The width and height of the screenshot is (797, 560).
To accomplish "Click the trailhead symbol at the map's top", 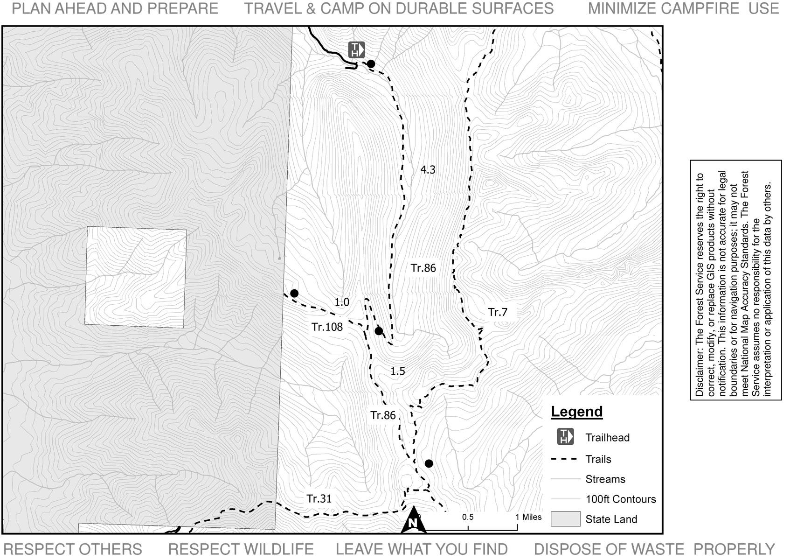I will (356, 49).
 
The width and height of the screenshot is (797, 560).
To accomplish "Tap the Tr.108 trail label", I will (327, 327).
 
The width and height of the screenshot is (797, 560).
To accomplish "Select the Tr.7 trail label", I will (498, 312).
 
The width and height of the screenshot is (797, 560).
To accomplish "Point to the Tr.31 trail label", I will (319, 499).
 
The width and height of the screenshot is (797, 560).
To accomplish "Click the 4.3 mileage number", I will (428, 170).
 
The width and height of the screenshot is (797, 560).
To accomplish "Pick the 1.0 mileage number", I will (342, 302).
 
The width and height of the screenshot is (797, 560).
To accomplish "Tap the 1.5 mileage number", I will (398, 371).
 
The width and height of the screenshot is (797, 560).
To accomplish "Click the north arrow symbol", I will (413, 520).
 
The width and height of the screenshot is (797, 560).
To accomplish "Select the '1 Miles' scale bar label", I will (529, 517).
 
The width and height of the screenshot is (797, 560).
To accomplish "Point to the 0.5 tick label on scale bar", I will (468, 517).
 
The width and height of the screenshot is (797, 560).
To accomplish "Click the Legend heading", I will (577, 412).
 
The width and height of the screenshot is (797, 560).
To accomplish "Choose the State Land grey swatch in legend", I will (565, 519).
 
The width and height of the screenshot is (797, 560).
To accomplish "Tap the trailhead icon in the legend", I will (565, 437).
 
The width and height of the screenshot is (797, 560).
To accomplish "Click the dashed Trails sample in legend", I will (564, 459).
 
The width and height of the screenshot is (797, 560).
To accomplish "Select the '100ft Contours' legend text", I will (621, 499).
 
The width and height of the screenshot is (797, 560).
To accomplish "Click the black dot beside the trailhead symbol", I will (371, 64).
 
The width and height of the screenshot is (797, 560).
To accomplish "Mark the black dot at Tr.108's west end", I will (294, 294).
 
